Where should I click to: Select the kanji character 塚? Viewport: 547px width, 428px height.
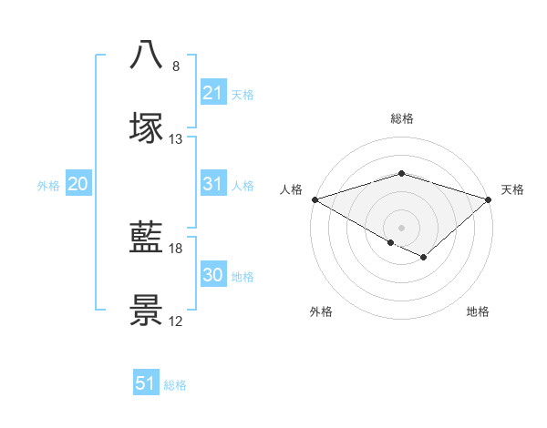(x=146, y=127)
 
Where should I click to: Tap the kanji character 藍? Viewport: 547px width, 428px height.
(x=146, y=238)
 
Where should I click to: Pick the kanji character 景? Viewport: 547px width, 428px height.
(x=146, y=311)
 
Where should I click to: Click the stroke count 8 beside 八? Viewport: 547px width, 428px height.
(x=176, y=66)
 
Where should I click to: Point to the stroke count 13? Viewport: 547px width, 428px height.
(x=176, y=139)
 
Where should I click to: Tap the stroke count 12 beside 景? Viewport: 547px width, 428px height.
(x=176, y=321)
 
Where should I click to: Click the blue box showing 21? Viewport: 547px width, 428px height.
(x=212, y=93)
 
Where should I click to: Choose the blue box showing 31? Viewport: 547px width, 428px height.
(x=212, y=184)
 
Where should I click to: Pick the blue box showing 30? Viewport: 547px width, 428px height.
(x=212, y=275)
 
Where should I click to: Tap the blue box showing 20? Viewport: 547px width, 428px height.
(x=78, y=184)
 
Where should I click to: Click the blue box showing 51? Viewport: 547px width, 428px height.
(x=146, y=383)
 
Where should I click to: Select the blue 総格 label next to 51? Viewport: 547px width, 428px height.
(x=175, y=385)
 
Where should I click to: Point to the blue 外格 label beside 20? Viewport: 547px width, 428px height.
(x=48, y=186)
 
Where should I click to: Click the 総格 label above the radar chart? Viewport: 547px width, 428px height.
(x=401, y=118)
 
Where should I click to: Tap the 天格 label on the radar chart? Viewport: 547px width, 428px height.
(x=513, y=189)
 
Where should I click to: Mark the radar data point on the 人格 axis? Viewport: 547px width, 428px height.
(x=314, y=199)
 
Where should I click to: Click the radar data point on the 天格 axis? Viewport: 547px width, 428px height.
(x=490, y=199)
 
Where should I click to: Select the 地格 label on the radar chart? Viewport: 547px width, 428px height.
(x=478, y=311)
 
